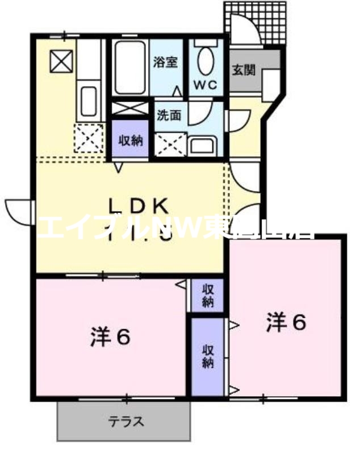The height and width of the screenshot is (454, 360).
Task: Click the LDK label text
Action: (139, 205)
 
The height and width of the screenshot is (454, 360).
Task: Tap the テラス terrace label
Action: (126, 422)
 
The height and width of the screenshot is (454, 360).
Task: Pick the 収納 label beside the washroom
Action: (130, 140)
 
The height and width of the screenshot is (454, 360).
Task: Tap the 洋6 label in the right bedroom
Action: (286, 322)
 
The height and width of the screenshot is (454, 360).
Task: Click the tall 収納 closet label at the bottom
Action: (207, 356)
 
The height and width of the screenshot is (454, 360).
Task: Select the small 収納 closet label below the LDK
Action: (207, 295)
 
